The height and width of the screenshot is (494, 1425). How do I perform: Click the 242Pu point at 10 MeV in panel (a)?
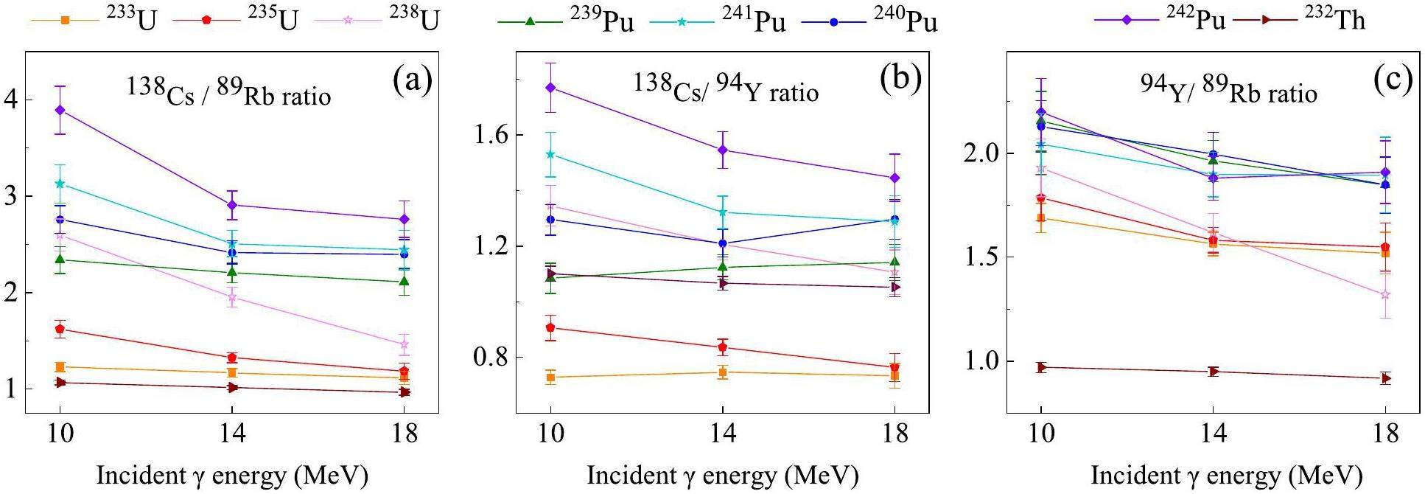coord(60,111)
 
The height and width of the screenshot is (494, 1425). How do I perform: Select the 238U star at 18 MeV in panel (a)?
coord(404,344)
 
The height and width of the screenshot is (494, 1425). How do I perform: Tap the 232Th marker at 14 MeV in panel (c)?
coord(1213,371)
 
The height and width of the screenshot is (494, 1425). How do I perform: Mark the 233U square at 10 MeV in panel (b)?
coord(550,378)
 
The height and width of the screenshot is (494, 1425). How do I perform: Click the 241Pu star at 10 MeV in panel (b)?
coord(550,154)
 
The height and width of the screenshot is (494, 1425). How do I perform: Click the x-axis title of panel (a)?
coord(232,476)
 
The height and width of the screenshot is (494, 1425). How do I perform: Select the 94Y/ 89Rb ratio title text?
coord(1228,90)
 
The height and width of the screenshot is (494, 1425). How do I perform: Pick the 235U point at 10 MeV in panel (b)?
coord(550,327)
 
